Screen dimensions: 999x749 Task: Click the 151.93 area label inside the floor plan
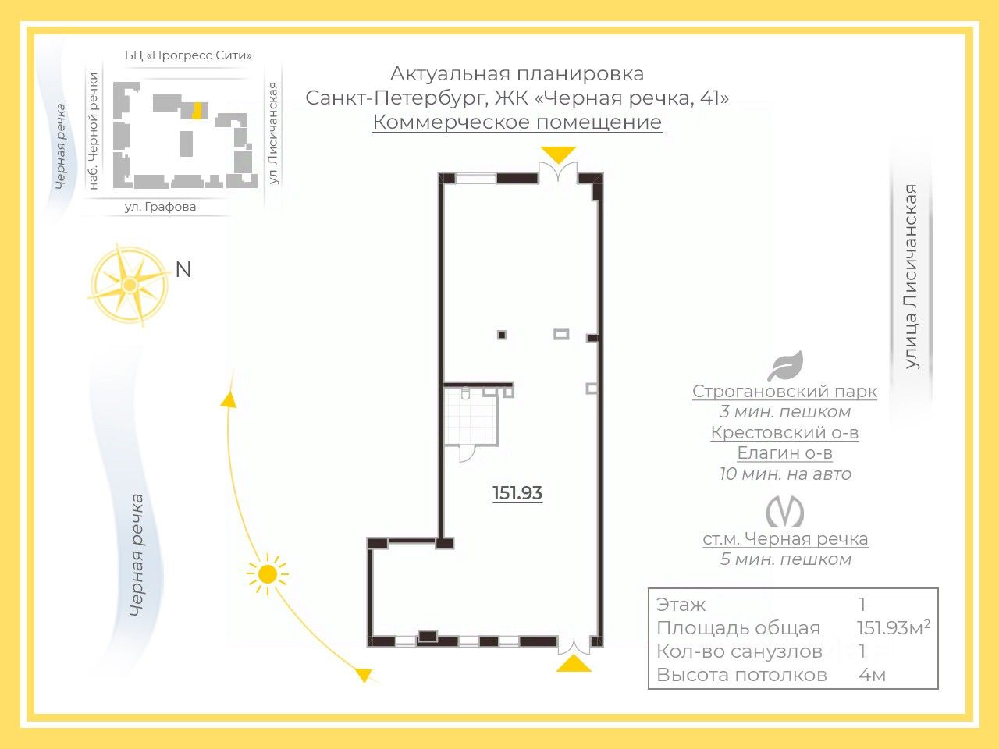(517, 493)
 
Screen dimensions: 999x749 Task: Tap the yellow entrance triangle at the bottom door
(574, 664)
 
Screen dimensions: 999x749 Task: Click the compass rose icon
(130, 285)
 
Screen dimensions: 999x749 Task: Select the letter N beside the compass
(183, 270)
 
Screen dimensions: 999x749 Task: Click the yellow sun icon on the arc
(268, 574)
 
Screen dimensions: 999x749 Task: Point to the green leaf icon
(785, 366)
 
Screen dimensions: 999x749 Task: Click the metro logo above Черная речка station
(785, 512)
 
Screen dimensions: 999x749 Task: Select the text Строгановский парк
(784, 392)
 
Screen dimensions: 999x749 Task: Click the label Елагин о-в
(784, 453)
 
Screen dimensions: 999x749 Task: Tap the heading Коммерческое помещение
(517, 122)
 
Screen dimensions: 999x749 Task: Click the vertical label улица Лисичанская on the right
(911, 276)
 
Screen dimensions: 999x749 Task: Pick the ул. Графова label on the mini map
(160, 207)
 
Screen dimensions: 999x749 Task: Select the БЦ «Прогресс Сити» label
(188, 55)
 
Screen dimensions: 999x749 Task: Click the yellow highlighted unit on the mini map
(197, 110)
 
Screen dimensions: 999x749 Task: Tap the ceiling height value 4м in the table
(872, 675)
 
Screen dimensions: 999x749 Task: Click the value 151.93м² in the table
(893, 628)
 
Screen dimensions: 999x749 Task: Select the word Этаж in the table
(681, 605)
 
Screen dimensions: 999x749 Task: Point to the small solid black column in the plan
(502, 335)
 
